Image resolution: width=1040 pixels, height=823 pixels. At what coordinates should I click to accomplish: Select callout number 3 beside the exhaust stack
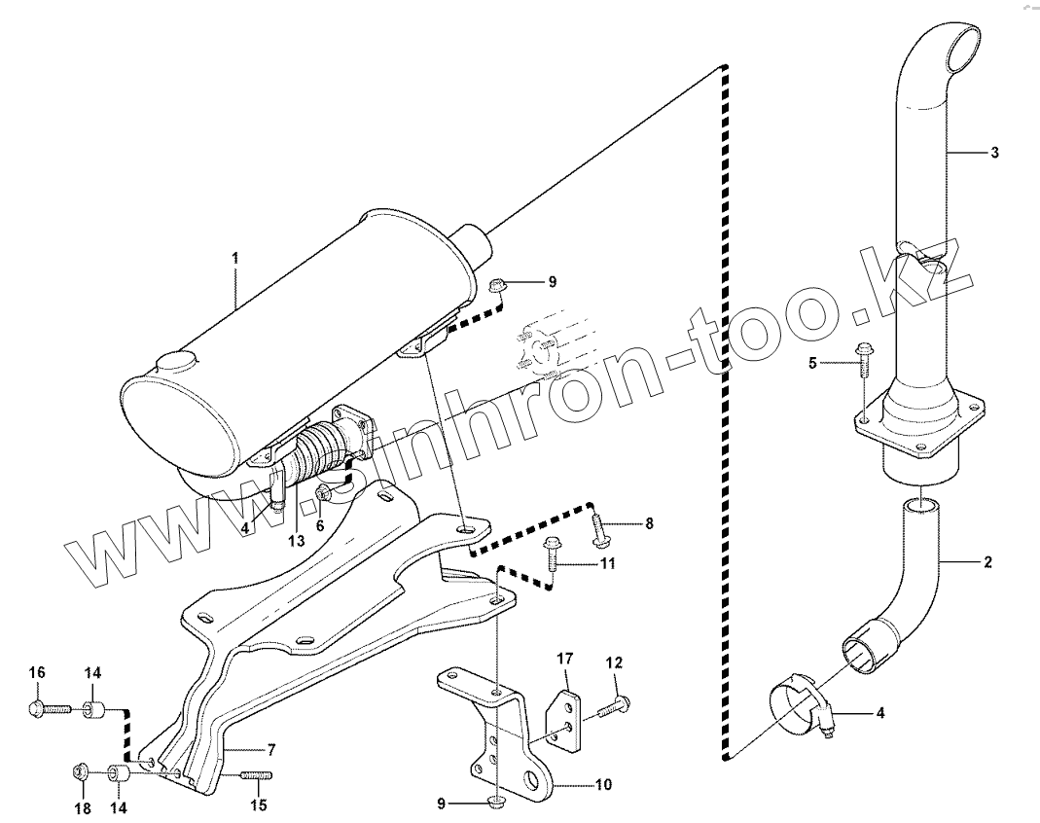pyautogui.click(x=994, y=153)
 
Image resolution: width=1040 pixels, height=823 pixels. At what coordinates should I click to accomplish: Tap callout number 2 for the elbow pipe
pyautogui.click(x=987, y=561)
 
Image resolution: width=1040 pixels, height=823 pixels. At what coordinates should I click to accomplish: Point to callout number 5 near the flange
pyautogui.click(x=813, y=363)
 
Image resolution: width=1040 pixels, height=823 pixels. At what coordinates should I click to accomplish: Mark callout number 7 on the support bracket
pyautogui.click(x=271, y=749)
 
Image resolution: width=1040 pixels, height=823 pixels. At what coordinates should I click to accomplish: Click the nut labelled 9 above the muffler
pyautogui.click(x=496, y=285)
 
